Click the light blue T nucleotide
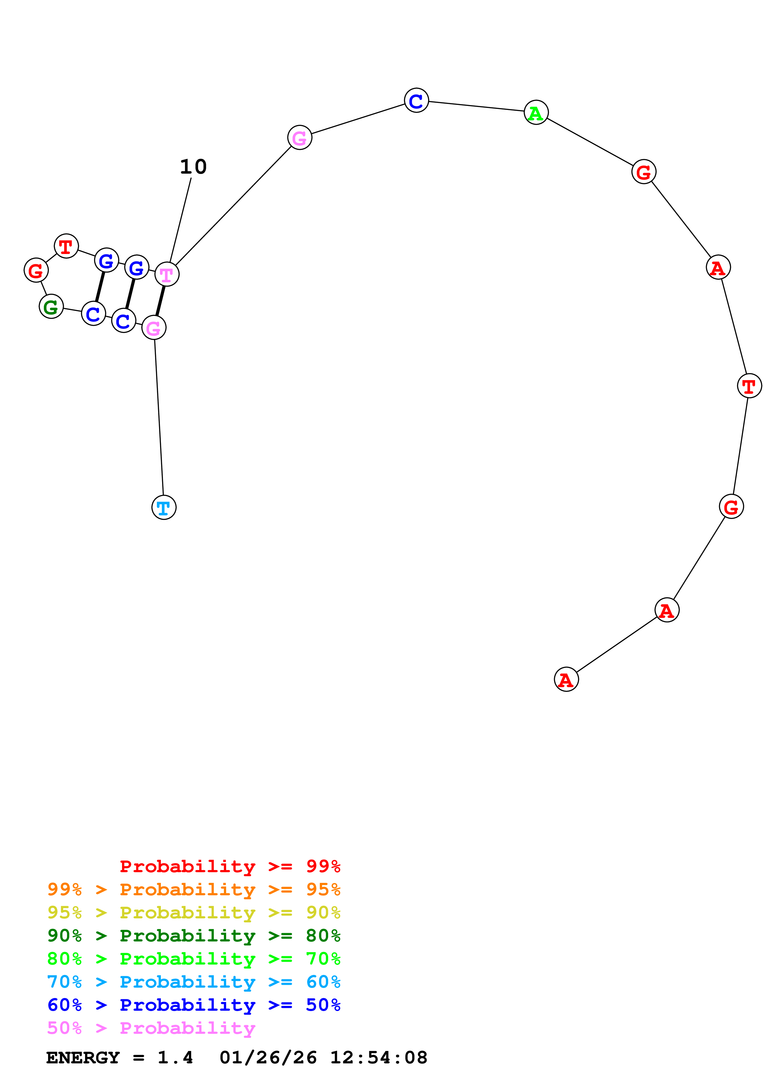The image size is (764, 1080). click(x=164, y=508)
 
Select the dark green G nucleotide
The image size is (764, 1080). click(x=51, y=307)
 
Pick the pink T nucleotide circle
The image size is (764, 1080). click(x=167, y=274)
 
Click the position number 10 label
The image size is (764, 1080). click(x=193, y=167)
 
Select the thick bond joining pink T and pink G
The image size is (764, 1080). click(x=161, y=301)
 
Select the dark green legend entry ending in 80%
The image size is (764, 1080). click(x=194, y=936)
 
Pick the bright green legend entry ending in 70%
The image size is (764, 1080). click(x=194, y=959)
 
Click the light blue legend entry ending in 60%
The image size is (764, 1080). click(x=194, y=982)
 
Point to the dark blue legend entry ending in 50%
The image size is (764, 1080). click(x=194, y=1005)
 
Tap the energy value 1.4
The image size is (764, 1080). click(x=175, y=1058)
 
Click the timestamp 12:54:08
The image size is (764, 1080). click(x=378, y=1058)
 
